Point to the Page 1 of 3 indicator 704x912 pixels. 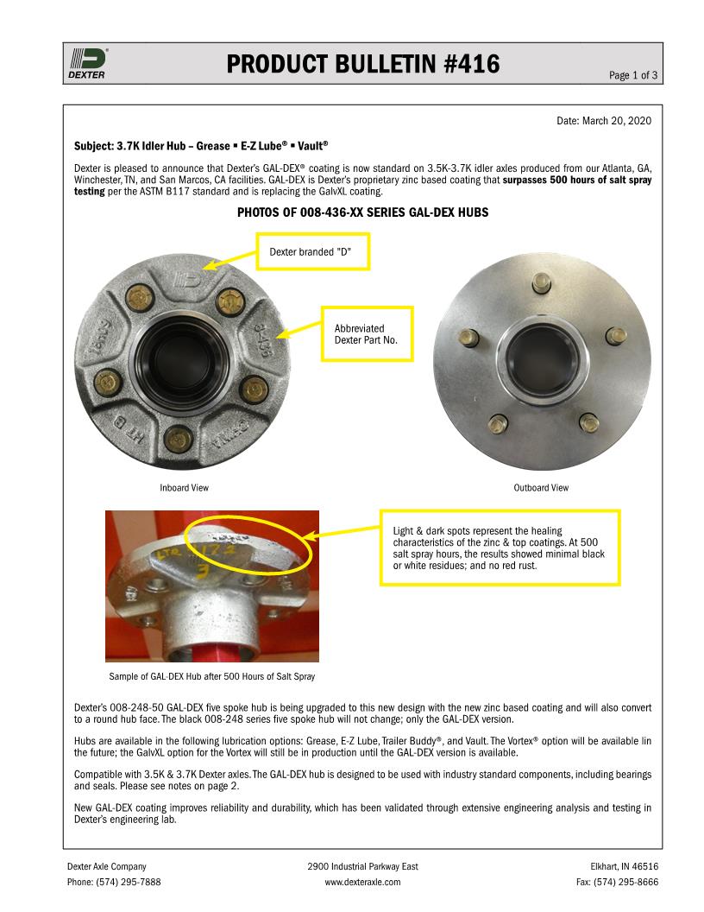633,75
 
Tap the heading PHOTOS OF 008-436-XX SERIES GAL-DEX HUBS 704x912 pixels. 362,212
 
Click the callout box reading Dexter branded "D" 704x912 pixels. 313,251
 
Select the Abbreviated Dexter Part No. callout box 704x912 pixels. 367,334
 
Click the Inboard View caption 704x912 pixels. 184,488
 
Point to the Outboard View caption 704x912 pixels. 541,488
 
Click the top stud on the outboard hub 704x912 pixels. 541,282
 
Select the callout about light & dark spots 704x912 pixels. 500,548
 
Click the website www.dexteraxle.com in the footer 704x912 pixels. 362,882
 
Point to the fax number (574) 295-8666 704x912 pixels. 617,882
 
